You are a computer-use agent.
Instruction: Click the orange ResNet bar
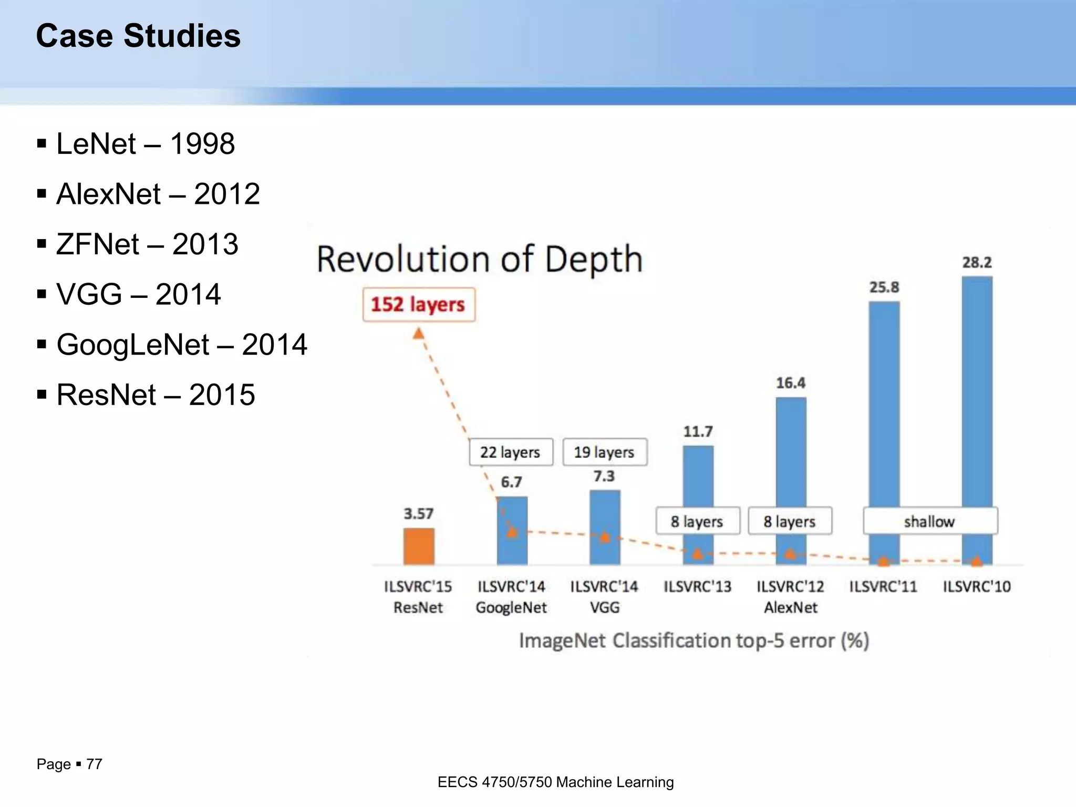click(419, 546)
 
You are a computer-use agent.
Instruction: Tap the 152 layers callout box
click(419, 304)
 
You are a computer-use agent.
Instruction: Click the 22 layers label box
click(511, 452)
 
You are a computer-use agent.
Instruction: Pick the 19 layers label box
click(605, 452)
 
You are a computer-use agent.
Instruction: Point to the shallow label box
click(929, 521)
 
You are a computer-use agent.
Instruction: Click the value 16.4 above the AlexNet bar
click(791, 383)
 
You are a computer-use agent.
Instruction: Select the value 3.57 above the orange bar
click(418, 513)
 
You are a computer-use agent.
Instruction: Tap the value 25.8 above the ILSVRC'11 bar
click(884, 287)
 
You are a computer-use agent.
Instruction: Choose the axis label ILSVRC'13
click(697, 586)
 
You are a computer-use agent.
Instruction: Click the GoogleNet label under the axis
click(511, 607)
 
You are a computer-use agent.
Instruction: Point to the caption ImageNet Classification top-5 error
click(694, 640)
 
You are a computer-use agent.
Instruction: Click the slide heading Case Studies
click(138, 36)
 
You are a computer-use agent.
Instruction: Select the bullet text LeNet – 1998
click(146, 143)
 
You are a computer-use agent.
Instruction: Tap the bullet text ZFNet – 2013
click(147, 244)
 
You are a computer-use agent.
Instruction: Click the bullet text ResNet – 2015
click(156, 395)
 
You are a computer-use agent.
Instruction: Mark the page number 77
click(94, 764)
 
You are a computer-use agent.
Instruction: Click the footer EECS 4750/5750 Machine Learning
click(555, 782)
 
